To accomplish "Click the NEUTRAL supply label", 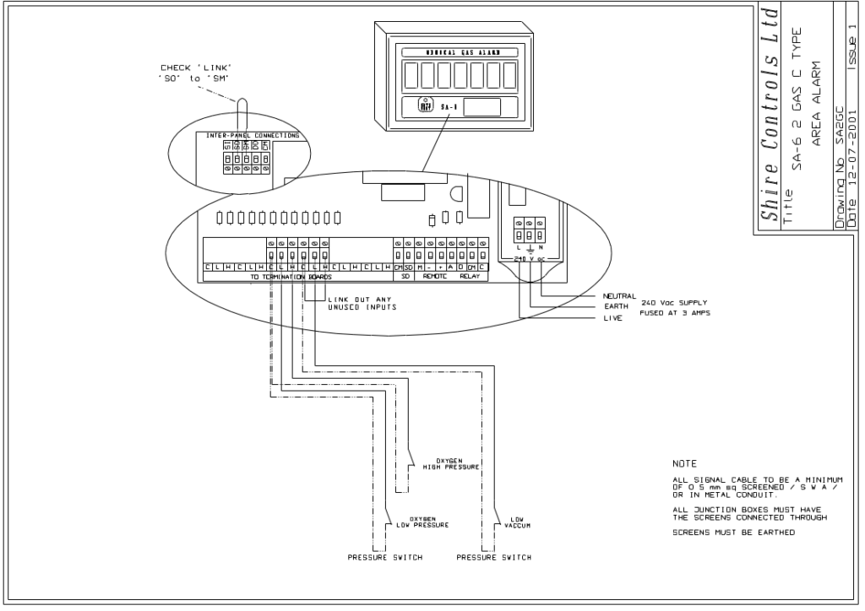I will (x=619, y=296).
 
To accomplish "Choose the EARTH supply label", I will (x=616, y=308).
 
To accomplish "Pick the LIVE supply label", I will (x=612, y=320).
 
